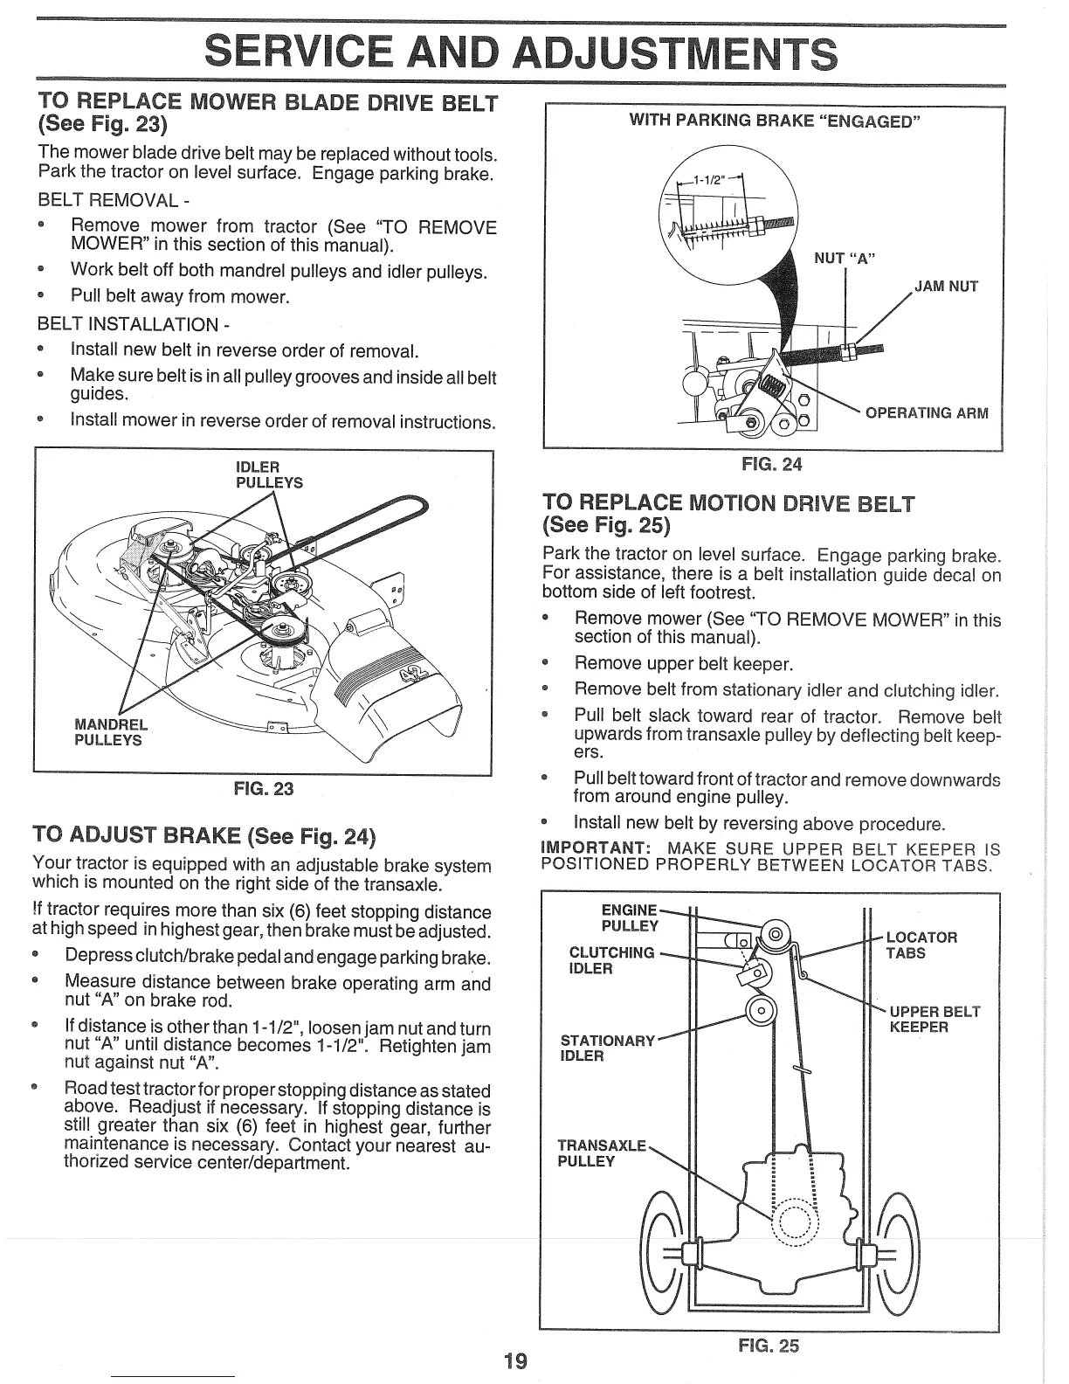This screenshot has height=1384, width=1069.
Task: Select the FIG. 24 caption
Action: pos(771,464)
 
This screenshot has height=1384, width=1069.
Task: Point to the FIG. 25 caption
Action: pos(769,1346)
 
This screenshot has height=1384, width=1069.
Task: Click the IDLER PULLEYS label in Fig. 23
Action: pos(269,474)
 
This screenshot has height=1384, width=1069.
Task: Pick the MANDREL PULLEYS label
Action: pos(111,732)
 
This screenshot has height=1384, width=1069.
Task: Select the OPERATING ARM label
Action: pos(927,412)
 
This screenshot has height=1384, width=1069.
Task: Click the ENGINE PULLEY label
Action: pos(630,917)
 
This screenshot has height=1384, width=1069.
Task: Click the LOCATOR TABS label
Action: pos(921,945)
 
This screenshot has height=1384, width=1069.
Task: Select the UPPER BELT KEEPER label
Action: pos(935,1019)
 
